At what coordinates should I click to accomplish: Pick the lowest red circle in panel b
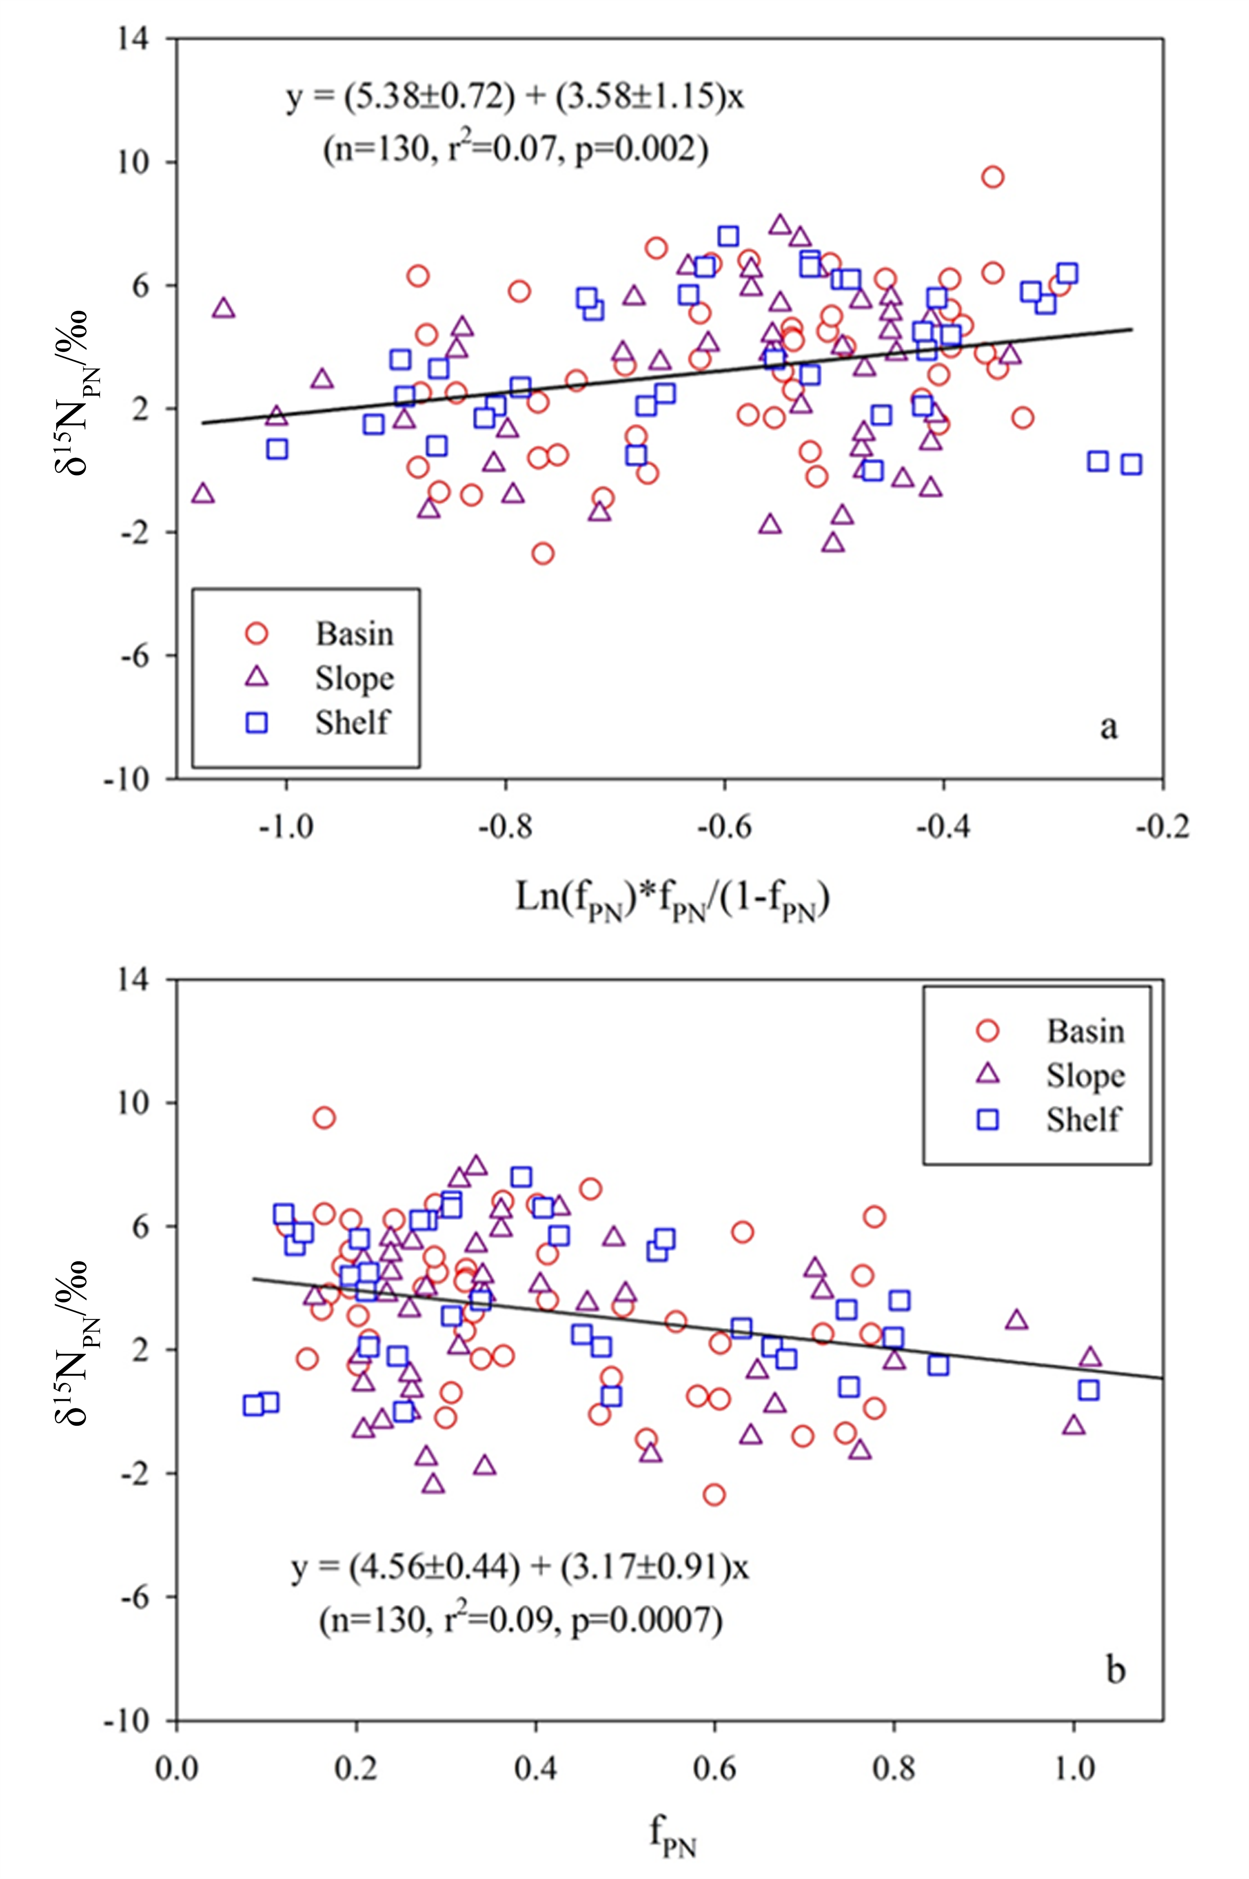714,1494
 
